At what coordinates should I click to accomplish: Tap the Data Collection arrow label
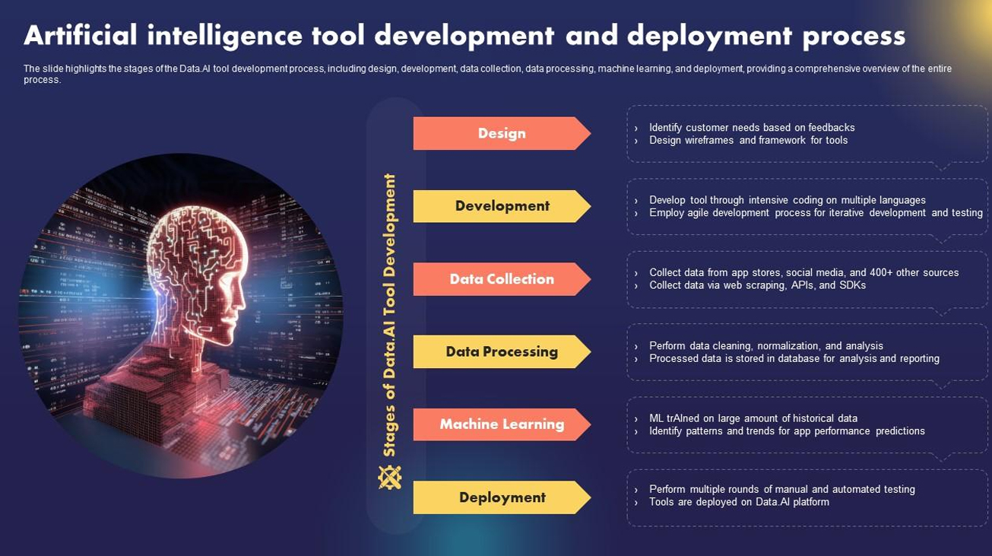tap(501, 279)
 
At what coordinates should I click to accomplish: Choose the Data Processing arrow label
tap(501, 351)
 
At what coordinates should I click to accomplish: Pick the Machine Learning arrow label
tap(501, 424)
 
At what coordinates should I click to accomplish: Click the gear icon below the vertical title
tap(390, 477)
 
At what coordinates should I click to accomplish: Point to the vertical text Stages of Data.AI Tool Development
tap(390, 315)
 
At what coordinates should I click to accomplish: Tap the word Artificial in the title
tap(81, 36)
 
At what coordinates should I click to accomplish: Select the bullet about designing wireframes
tap(748, 140)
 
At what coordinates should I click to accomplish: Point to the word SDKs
tap(852, 285)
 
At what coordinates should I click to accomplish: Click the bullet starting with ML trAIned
tap(753, 418)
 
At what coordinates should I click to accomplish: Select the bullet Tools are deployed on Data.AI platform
tap(739, 502)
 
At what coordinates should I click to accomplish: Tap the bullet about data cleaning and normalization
tap(765, 346)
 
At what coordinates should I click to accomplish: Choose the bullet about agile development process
tap(815, 213)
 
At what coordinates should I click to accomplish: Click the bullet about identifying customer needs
tap(751, 128)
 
